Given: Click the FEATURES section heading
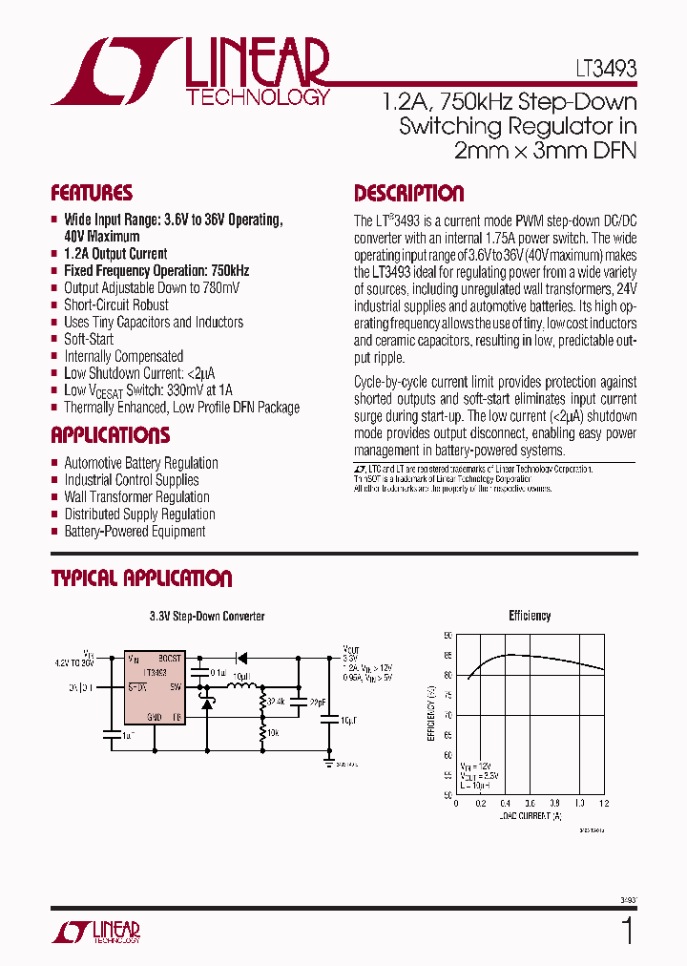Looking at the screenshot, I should coord(92,193).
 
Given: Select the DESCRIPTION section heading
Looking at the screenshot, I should coord(408,194).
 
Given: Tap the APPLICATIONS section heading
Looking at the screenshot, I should coord(110,436).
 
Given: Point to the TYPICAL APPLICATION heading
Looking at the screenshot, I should coord(141,579).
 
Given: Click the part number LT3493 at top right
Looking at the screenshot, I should coord(606,70).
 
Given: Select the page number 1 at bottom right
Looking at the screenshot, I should coord(626,931).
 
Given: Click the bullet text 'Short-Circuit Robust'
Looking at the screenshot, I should coord(115,305).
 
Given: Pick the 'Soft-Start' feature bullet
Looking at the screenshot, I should coord(89,339).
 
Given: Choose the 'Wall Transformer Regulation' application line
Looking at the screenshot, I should coord(136,497).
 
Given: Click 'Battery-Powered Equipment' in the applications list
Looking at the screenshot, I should coord(135,532).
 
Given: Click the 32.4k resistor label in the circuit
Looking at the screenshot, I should coord(277,702).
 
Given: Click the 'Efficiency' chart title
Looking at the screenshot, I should coord(530,617).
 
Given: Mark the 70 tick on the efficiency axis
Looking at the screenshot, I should coord(448,715).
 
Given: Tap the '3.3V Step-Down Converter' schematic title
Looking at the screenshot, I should coord(207,617).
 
